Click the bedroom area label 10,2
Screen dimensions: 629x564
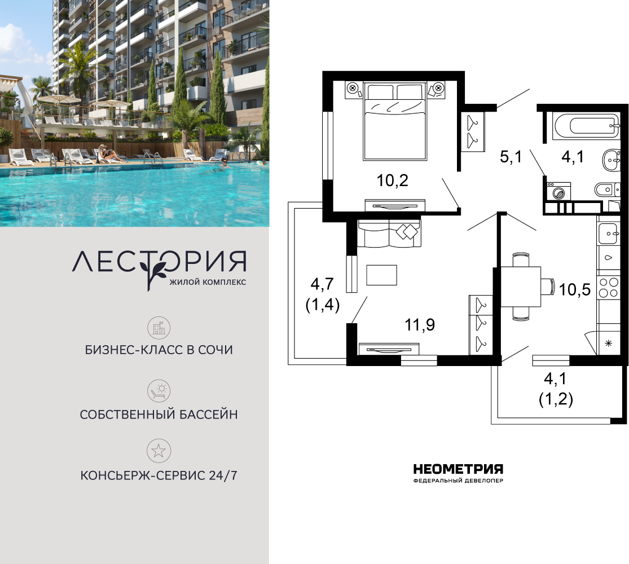(x=392, y=180)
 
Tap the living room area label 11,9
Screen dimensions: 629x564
(x=420, y=324)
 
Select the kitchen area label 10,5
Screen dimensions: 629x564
(x=575, y=289)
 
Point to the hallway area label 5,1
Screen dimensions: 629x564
(x=511, y=156)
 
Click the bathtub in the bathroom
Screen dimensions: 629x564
(x=586, y=126)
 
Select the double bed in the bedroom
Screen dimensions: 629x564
(x=394, y=121)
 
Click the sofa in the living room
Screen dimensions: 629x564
(x=389, y=233)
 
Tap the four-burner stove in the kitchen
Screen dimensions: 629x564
(x=609, y=288)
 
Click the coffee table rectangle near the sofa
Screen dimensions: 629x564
(x=381, y=275)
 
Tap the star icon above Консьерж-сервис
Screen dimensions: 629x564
(x=159, y=451)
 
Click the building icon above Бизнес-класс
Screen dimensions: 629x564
(x=159, y=328)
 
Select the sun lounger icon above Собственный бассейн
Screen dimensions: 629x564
(x=159, y=391)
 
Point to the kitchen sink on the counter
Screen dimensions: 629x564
(x=609, y=234)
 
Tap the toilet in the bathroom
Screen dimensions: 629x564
(x=606, y=190)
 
